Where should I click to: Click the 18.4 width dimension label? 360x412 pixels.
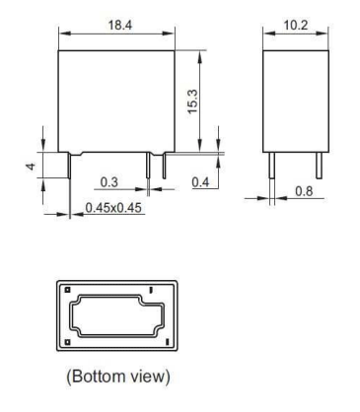tap(120, 25)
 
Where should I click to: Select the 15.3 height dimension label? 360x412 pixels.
tap(192, 102)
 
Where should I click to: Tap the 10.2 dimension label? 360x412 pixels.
tap(296, 25)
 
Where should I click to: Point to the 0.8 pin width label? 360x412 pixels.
tap(304, 191)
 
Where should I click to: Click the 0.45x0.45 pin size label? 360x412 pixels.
tap(113, 208)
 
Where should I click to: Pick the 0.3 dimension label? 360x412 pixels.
tap(108, 182)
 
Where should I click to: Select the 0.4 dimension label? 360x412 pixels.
tap(200, 182)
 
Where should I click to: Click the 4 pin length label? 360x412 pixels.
tap(31, 167)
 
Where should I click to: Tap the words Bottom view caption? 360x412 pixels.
tap(118, 376)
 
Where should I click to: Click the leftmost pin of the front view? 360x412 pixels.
tap(70, 166)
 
